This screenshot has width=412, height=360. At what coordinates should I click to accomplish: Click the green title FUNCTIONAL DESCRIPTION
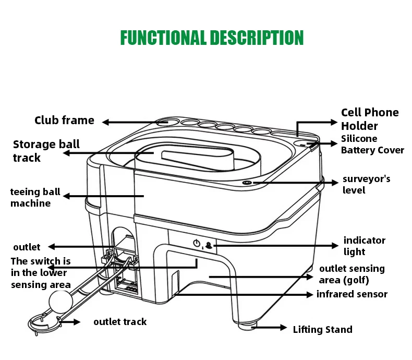pos(212,38)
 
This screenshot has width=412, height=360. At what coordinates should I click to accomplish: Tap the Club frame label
pos(64,121)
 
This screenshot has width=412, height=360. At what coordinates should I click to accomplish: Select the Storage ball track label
pos(46,151)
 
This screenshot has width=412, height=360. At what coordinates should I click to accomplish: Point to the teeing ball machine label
pos(35,197)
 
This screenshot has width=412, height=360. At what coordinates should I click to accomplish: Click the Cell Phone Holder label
pos(370,119)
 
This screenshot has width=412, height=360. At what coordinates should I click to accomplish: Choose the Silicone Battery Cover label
pos(372,145)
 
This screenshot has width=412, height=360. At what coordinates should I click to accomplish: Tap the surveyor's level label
pos(366,185)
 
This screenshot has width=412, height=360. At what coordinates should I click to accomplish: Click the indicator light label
pos(365,246)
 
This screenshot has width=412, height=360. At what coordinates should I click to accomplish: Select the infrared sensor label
pos(352,294)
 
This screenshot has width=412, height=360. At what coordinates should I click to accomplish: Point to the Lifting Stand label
pos(323,330)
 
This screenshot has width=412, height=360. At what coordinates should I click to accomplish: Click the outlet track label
pos(120,322)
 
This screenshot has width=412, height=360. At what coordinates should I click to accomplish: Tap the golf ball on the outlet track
pos(60,302)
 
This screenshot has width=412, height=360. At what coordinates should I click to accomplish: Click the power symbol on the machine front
pos(197,243)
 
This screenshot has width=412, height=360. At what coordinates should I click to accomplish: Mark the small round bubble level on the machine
pos(247,183)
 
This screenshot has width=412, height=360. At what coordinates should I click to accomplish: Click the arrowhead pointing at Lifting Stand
pos(284,328)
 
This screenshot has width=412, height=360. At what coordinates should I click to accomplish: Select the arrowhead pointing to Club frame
pos(105,122)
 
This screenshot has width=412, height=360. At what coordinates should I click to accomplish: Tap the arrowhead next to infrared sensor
pos(310,295)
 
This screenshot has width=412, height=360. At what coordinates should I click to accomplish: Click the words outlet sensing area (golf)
pos(352,274)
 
